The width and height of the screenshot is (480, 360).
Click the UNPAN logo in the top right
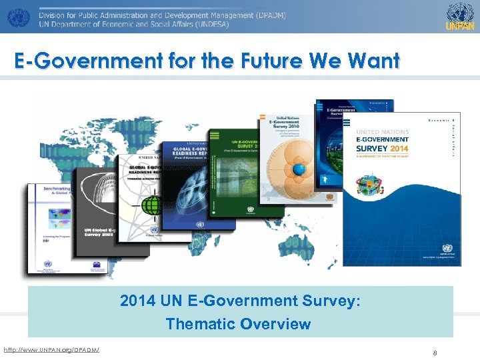(460, 16)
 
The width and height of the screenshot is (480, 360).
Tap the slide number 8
(434, 353)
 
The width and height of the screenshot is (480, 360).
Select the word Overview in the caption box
(276, 324)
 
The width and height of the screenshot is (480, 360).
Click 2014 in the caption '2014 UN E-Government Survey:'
(136, 301)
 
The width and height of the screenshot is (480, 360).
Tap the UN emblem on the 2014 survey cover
(447, 249)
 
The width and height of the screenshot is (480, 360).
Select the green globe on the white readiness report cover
(154, 203)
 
